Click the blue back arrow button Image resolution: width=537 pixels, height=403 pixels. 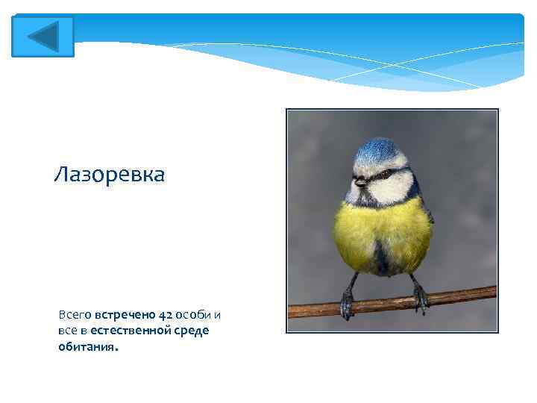[x=43, y=37]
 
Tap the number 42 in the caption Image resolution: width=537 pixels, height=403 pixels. [x=165, y=315]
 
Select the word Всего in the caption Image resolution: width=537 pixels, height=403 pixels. [x=75, y=315]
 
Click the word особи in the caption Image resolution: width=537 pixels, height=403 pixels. [x=194, y=315]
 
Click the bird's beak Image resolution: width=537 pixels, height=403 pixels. [x=360, y=181]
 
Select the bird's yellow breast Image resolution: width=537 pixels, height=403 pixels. [x=380, y=231]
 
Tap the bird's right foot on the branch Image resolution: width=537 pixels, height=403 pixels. [x=420, y=296]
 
